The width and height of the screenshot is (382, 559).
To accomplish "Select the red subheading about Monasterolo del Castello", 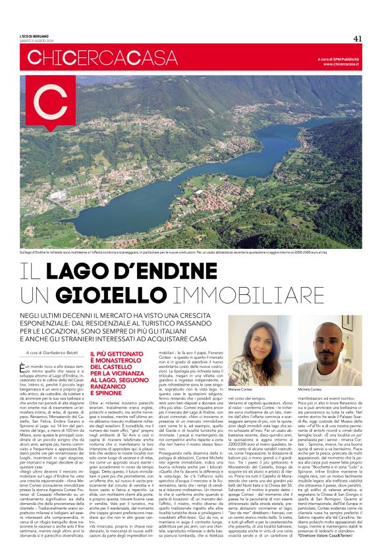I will click(x=119, y=369).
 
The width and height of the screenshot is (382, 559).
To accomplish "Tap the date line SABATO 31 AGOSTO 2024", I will click(x=38, y=41).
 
